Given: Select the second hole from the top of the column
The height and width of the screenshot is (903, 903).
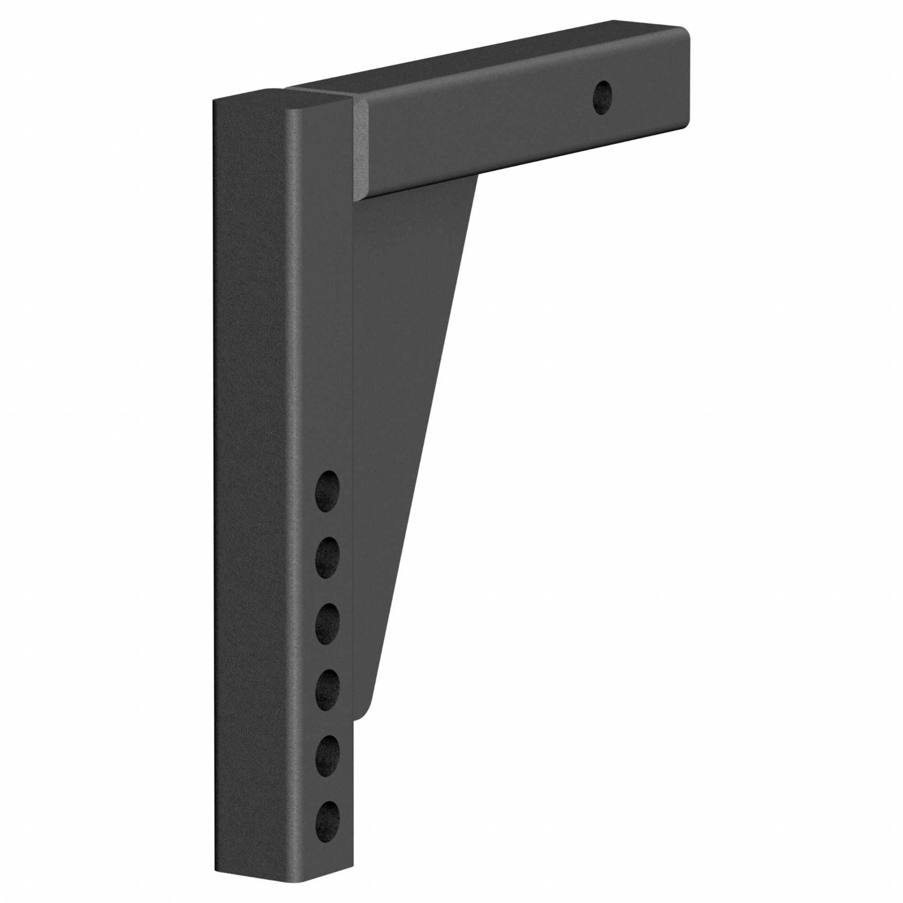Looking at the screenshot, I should coord(329,556).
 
